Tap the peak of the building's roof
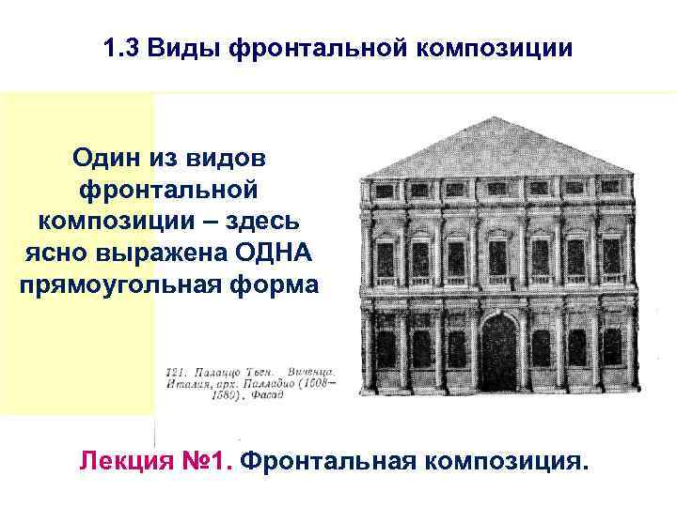(499, 118)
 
